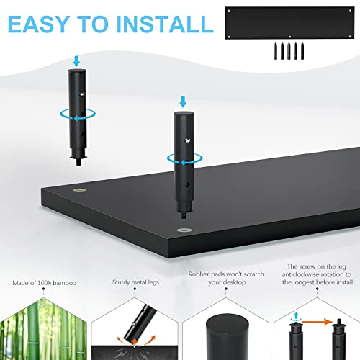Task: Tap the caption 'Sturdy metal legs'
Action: pyautogui.click(x=134, y=283)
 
